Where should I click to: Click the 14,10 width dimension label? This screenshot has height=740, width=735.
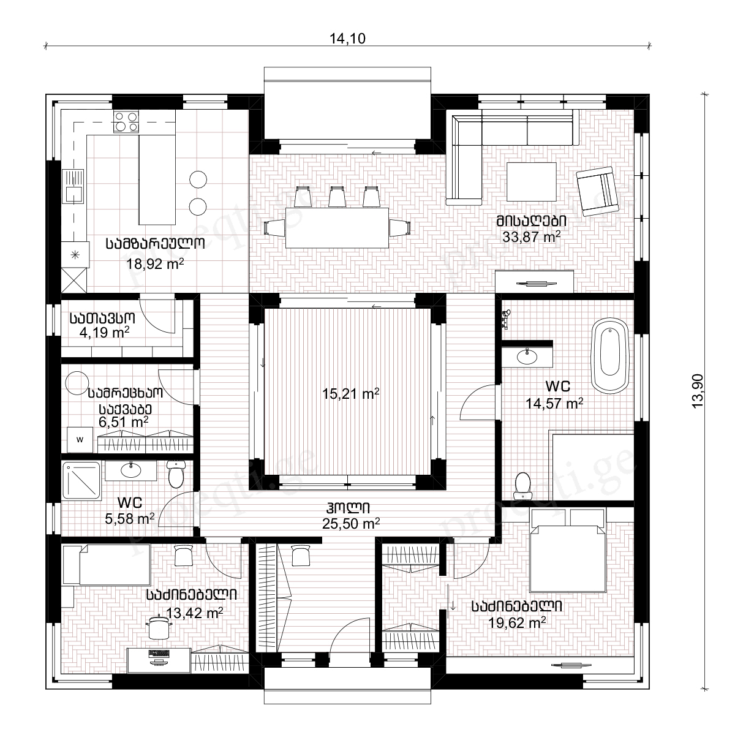point(347,39)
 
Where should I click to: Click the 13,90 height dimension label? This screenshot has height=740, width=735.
point(698,391)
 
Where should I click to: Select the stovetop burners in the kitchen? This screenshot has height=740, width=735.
point(126,121)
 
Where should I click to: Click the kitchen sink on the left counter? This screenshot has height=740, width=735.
point(73,186)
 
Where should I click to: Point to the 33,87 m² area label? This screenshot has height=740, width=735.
point(531,237)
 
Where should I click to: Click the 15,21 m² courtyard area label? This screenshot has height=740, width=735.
point(350,394)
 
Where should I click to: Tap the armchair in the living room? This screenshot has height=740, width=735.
point(597,191)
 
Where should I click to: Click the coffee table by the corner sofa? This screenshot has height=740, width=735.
point(532,182)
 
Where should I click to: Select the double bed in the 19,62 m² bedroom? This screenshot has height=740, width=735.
point(568,549)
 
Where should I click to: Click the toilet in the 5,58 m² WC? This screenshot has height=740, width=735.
point(176,474)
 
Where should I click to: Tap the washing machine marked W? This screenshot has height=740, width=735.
point(80,440)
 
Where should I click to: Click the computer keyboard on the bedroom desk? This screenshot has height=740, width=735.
point(159,652)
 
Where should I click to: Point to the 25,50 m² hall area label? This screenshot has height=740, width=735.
point(351,523)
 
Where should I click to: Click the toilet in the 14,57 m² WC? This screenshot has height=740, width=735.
point(522,486)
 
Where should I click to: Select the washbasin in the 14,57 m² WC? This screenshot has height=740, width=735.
point(527,357)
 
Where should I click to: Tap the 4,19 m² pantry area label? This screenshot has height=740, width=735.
point(104,333)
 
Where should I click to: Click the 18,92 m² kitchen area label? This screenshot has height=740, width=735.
point(155,264)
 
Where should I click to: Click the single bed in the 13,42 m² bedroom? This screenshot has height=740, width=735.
point(107,565)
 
